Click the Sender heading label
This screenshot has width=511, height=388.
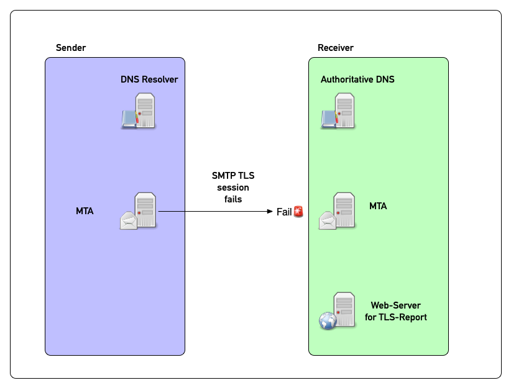point(71,48)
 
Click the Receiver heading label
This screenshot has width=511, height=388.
point(336,48)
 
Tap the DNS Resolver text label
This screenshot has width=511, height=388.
point(149,79)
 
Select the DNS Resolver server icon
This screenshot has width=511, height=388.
point(139,111)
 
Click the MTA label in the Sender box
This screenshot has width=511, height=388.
point(85,212)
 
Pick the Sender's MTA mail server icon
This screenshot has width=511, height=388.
point(139,212)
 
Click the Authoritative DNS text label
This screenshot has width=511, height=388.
point(357,79)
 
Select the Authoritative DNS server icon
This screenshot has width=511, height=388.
point(338,111)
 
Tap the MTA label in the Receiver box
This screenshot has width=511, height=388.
point(378,206)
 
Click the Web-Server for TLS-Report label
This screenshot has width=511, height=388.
point(395,311)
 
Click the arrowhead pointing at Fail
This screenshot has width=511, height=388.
point(271,212)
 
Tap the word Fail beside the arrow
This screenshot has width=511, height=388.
point(284,212)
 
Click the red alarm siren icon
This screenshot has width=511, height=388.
point(299,212)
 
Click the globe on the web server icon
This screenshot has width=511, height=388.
point(328,320)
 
